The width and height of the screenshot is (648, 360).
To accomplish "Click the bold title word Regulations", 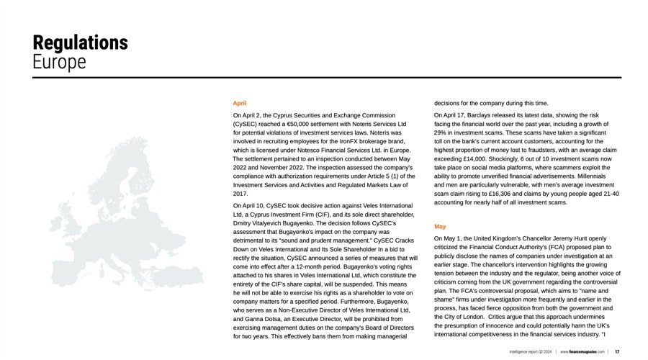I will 80,42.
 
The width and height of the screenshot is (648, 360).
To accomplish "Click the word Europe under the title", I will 59,62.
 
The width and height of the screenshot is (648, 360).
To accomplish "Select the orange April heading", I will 240,104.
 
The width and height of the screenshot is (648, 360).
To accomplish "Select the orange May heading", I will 440,226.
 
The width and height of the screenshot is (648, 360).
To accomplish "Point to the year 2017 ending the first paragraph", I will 240,194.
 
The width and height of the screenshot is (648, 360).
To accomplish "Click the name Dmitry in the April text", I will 244,223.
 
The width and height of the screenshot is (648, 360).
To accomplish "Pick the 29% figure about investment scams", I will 441,132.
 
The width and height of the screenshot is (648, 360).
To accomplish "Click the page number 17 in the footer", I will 617,351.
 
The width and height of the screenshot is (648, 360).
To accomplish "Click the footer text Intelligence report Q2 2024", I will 530,351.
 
